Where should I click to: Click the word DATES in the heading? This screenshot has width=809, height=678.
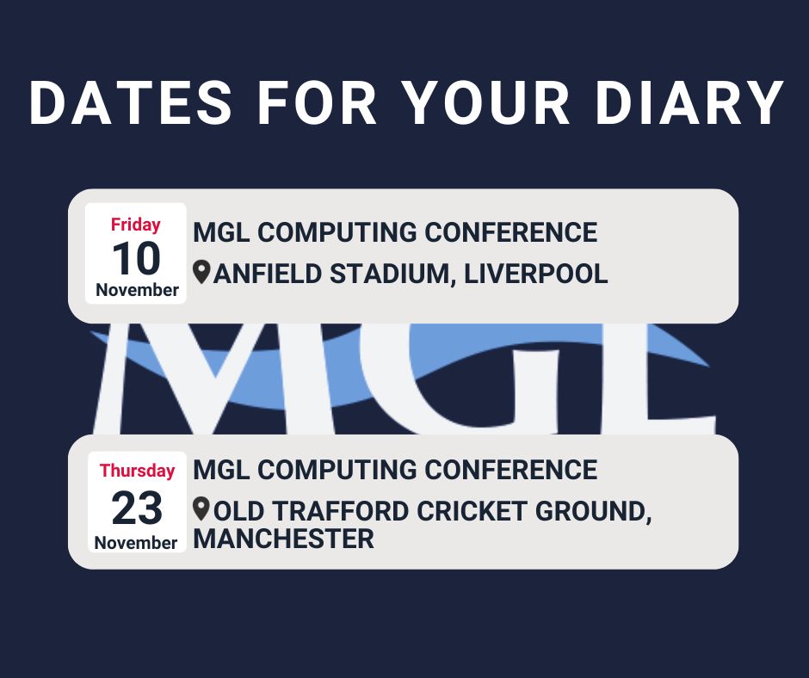(x=131, y=104)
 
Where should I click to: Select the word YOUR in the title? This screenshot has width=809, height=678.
(x=485, y=104)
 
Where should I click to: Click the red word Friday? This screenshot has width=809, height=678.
(x=136, y=225)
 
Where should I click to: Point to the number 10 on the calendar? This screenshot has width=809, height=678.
(x=136, y=257)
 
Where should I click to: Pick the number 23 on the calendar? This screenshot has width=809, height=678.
(x=136, y=508)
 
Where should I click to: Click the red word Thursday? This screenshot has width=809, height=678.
(x=137, y=471)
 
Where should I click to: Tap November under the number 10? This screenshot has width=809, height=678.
(x=137, y=290)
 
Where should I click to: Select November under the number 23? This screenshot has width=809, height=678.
(x=136, y=543)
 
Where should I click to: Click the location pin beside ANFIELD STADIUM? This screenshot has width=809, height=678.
(x=201, y=273)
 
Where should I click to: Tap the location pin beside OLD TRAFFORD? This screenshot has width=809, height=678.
(x=201, y=508)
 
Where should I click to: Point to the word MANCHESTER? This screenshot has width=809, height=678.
(x=284, y=539)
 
